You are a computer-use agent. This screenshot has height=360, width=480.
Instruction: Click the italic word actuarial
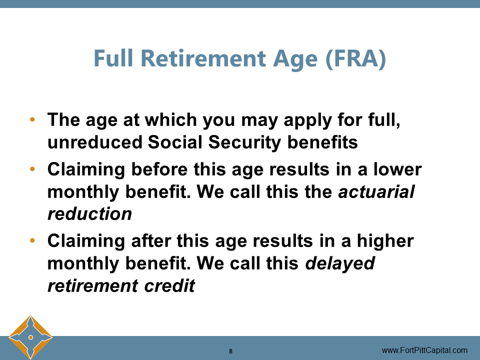point(376,192)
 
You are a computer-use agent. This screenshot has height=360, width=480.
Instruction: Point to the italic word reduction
point(89,214)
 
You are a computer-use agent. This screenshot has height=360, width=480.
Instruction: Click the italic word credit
point(172,285)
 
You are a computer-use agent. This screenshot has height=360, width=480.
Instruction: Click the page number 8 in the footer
point(230,351)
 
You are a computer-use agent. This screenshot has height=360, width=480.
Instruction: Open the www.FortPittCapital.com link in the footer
point(424,350)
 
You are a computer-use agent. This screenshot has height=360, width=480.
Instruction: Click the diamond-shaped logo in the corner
point(30,337)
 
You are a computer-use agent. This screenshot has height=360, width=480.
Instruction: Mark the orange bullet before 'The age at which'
point(33,120)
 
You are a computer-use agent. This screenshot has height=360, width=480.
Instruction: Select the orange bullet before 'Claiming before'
point(33,169)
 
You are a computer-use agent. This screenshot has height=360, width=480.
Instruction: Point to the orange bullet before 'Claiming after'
point(33,241)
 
